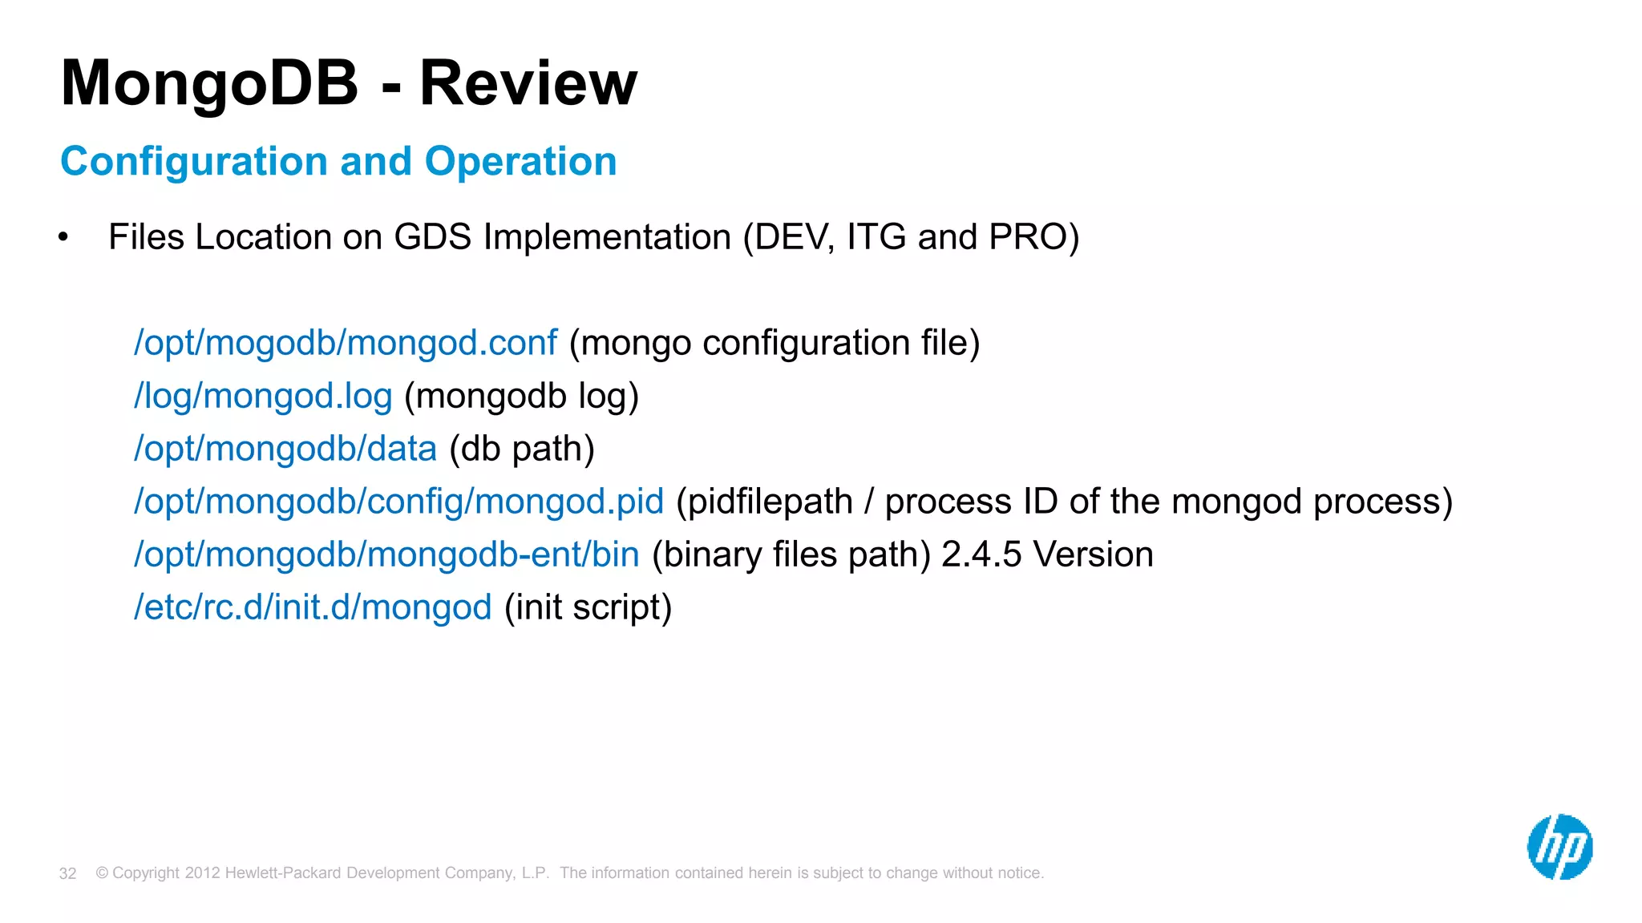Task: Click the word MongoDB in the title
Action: [209, 83]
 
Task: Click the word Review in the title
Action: [528, 83]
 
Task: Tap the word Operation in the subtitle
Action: [520, 162]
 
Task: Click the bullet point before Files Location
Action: [63, 237]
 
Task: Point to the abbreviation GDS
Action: [432, 237]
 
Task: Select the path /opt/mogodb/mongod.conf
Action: [345, 343]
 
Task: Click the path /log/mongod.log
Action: [263, 396]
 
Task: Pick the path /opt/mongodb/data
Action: [285, 449]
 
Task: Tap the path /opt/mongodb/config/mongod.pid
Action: [398, 502]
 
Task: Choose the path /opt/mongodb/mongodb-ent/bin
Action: [386, 554]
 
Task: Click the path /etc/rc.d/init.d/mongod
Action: [313, 607]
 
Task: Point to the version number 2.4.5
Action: [981, 554]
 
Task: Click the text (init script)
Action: [588, 607]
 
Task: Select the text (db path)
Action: [522, 449]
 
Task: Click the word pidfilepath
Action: [770, 502]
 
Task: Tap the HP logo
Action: [1559, 847]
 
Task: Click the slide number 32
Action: [68, 873]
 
